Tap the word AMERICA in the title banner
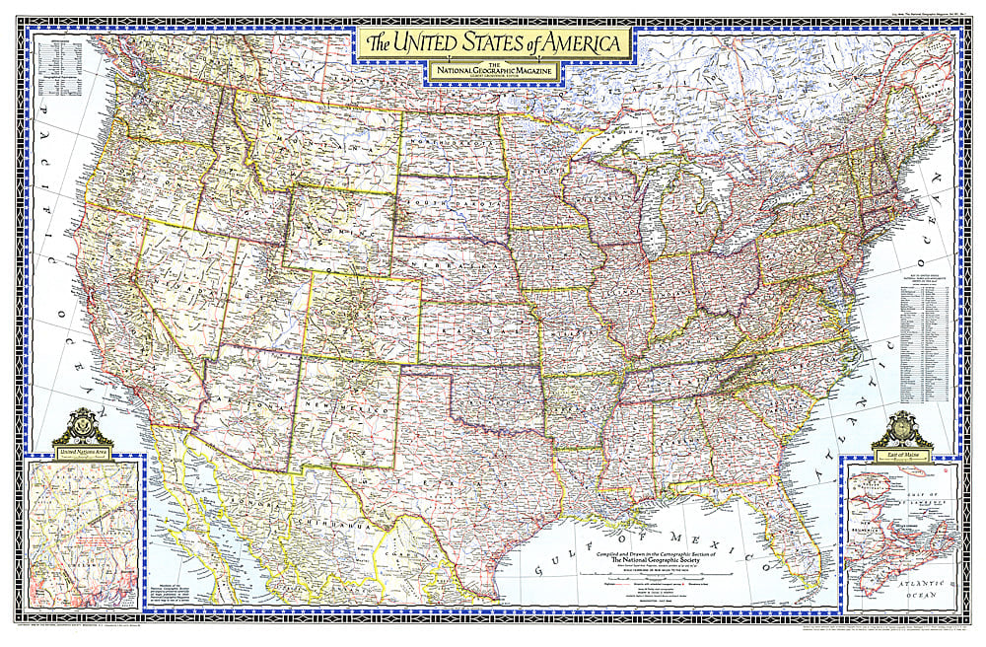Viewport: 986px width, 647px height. (x=581, y=43)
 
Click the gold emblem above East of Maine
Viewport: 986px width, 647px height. (x=901, y=427)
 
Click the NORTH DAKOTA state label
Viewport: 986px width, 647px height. (x=451, y=145)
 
